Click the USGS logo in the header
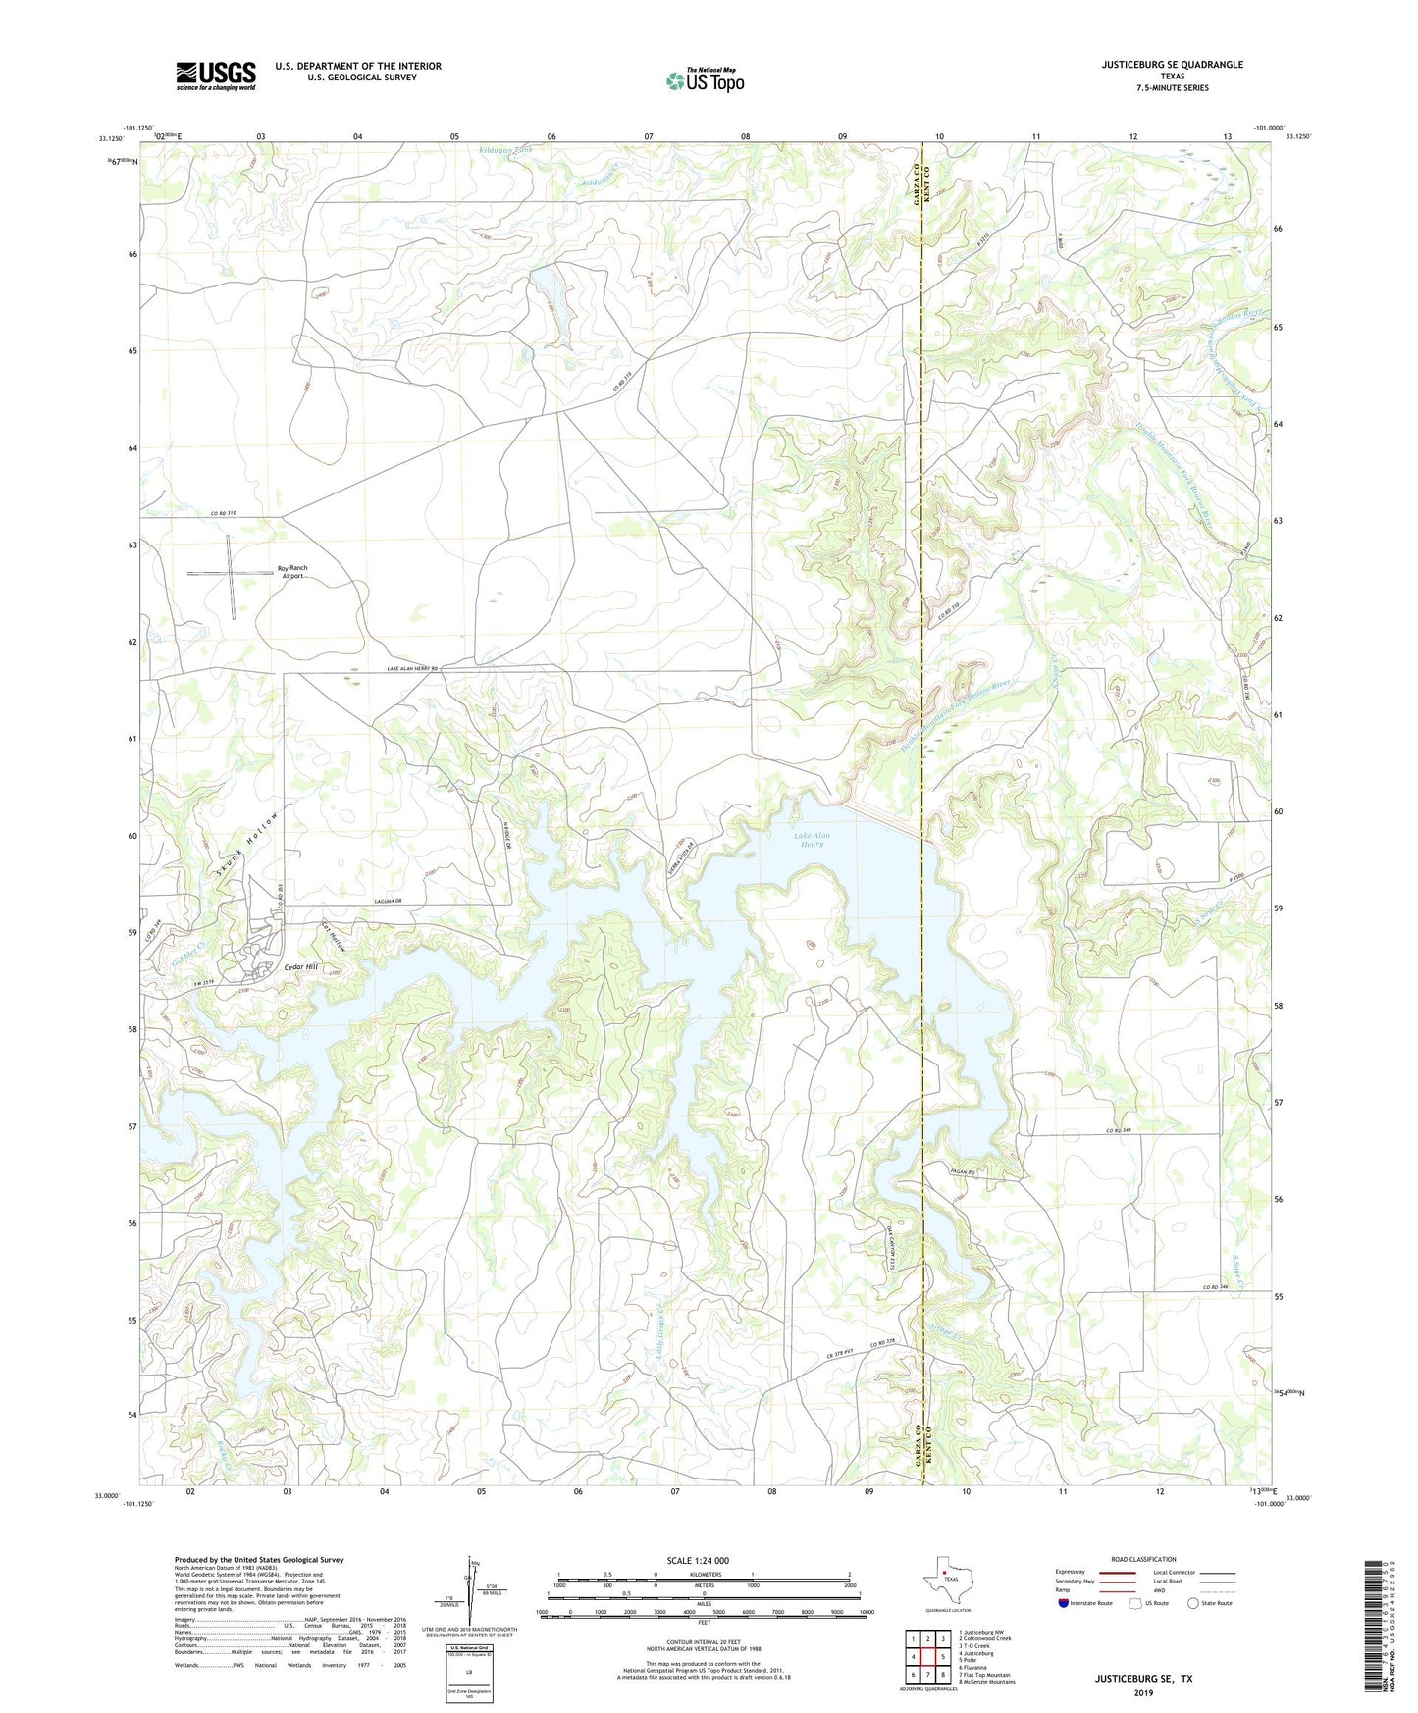[215, 76]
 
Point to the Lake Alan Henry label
[814, 840]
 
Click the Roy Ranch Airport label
[292, 572]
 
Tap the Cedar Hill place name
[301, 967]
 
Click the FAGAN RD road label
[992, 1171]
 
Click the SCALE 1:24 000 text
[704, 1560]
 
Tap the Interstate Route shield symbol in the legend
[1065, 1603]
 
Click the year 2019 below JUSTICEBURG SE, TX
[1143, 1693]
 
